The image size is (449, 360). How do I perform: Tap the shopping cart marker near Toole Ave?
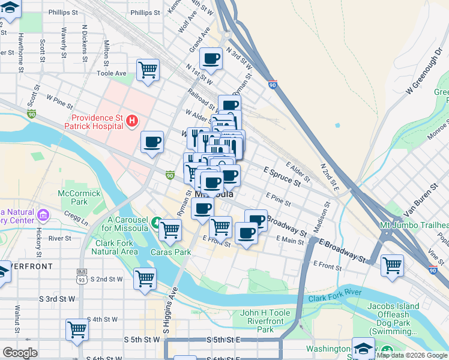(x=148, y=70)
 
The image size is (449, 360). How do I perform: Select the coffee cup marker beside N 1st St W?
(x=211, y=59)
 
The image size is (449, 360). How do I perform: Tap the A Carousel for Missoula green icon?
(x=157, y=223)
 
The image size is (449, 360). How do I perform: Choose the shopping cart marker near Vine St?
(x=392, y=265)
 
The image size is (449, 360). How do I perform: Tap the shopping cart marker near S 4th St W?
(x=77, y=329)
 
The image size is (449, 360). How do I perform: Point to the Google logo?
(x=20, y=353)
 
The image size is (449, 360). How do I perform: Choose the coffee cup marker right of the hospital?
(x=152, y=142)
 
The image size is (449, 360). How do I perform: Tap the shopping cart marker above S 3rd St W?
(x=145, y=278)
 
